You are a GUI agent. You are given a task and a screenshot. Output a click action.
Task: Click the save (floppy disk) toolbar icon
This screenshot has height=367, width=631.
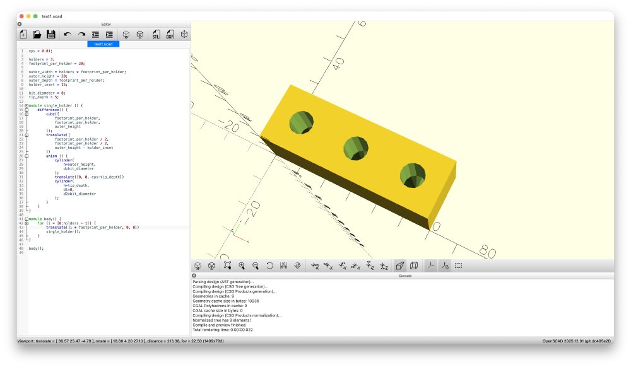pyautogui.click(x=51, y=35)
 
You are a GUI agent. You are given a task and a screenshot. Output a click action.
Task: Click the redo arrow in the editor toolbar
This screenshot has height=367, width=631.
pyautogui.click(x=81, y=35)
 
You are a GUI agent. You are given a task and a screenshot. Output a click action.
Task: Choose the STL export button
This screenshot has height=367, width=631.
pyautogui.click(x=155, y=35)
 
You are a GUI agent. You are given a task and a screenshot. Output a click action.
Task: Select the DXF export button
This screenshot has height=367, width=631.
pyautogui.click(x=170, y=35)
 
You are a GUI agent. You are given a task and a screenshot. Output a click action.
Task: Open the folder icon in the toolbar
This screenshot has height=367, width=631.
pyautogui.click(x=37, y=35)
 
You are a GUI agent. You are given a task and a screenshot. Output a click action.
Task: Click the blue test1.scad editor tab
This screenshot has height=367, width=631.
pyautogui.click(x=103, y=44)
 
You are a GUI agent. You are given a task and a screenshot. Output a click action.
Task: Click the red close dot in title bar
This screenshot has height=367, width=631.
pyautogui.click(x=20, y=16)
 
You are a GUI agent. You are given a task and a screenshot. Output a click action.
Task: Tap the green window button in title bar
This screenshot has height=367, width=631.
pyautogui.click(x=35, y=16)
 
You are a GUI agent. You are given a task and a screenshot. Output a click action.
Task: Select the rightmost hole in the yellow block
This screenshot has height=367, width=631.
pyautogui.click(x=413, y=175)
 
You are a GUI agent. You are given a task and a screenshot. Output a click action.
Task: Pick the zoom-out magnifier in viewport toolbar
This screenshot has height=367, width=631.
pyautogui.click(x=256, y=266)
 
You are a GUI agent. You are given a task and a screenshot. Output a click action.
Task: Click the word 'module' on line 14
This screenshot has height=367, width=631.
pyautogui.click(x=35, y=105)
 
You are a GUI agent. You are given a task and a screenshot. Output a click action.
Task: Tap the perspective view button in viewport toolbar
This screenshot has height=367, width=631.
pyautogui.click(x=400, y=266)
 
